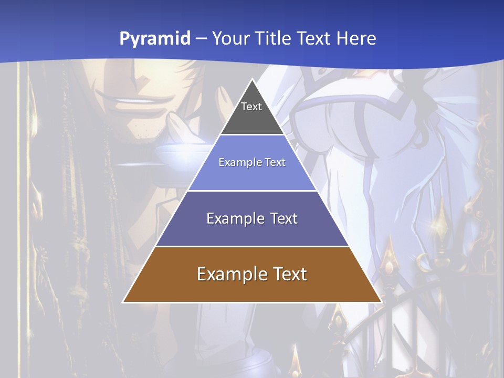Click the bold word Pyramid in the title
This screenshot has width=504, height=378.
(154, 39)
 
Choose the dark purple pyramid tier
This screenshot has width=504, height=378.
(252, 231)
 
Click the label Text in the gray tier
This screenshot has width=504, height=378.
(251, 107)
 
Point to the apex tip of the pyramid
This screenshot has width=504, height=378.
(252, 80)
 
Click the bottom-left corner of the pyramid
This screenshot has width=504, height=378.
(124, 301)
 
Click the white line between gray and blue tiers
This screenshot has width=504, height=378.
(252, 135)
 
